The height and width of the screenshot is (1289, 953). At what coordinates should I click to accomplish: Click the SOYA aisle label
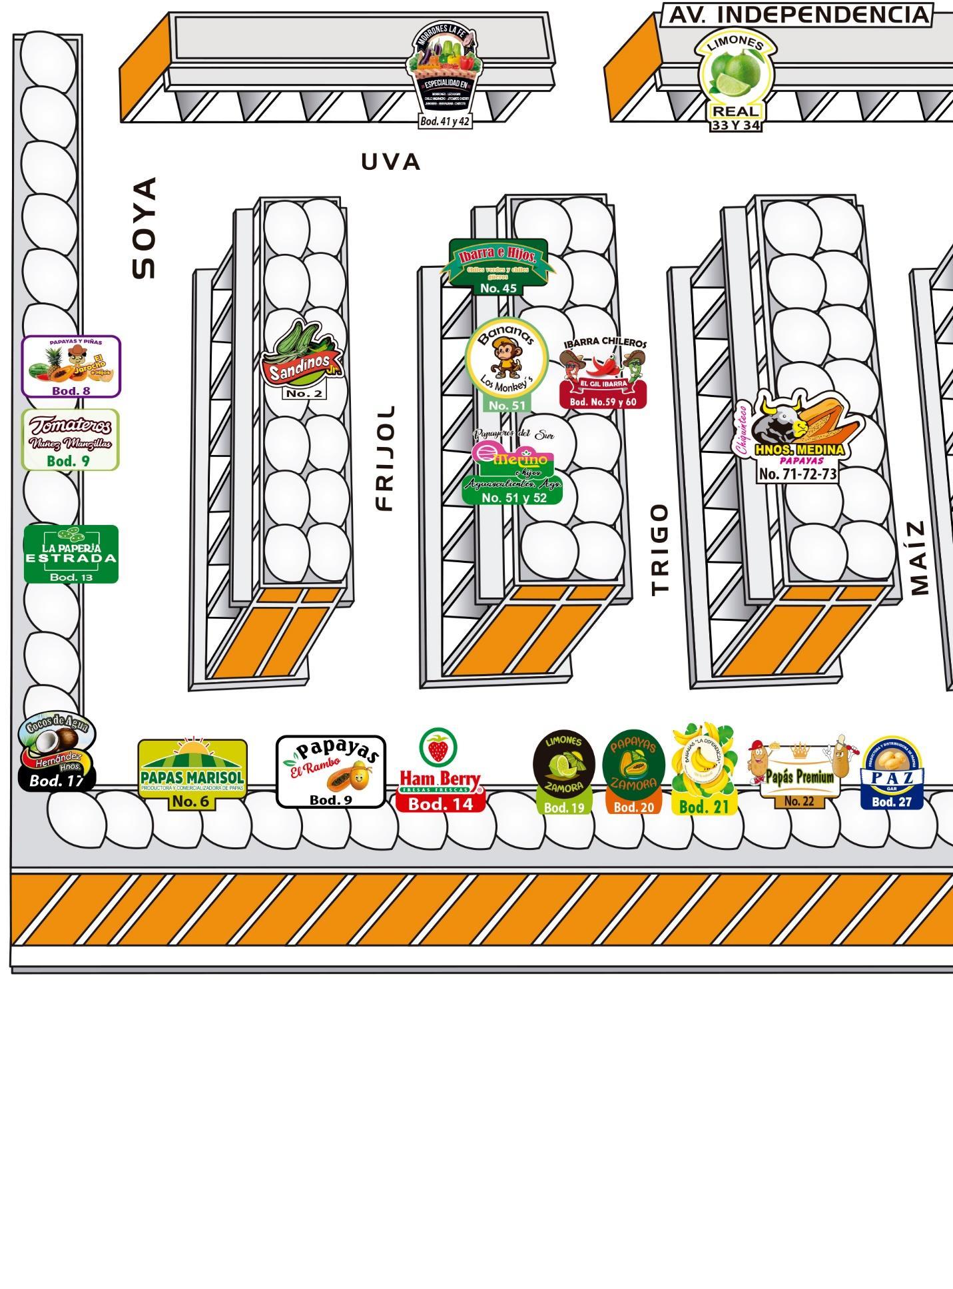click(x=145, y=228)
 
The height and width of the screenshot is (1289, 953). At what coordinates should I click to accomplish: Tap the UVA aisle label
click(x=391, y=162)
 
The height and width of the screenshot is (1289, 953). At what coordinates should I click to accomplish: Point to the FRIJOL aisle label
click(x=386, y=458)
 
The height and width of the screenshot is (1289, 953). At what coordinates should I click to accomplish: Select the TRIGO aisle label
click(x=659, y=550)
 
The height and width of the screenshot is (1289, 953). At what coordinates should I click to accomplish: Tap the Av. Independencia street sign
click(x=798, y=15)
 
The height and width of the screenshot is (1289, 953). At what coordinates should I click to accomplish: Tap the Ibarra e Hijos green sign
click(x=498, y=261)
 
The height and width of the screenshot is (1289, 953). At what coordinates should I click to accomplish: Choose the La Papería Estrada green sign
click(x=71, y=553)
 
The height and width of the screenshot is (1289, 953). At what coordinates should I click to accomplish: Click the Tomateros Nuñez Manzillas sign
click(x=71, y=438)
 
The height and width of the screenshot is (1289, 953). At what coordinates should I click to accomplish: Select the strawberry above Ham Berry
click(x=438, y=747)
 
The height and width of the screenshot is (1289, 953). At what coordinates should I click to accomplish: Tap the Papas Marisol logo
click(x=192, y=773)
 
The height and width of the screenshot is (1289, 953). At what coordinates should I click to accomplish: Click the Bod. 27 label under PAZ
click(x=892, y=802)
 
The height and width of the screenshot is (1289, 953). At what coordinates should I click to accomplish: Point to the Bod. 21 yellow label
click(x=705, y=806)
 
